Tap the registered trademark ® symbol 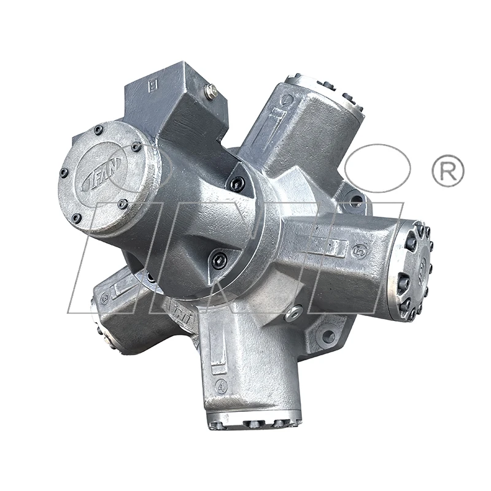click(447, 171)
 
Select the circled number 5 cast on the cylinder click(360, 251)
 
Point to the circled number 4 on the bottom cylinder click(222, 386)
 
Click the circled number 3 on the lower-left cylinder click(105, 300)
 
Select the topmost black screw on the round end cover click(98, 130)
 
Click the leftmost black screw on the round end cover click(64, 173)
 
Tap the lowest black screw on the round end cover click(77, 218)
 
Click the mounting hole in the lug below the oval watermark click(354, 200)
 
